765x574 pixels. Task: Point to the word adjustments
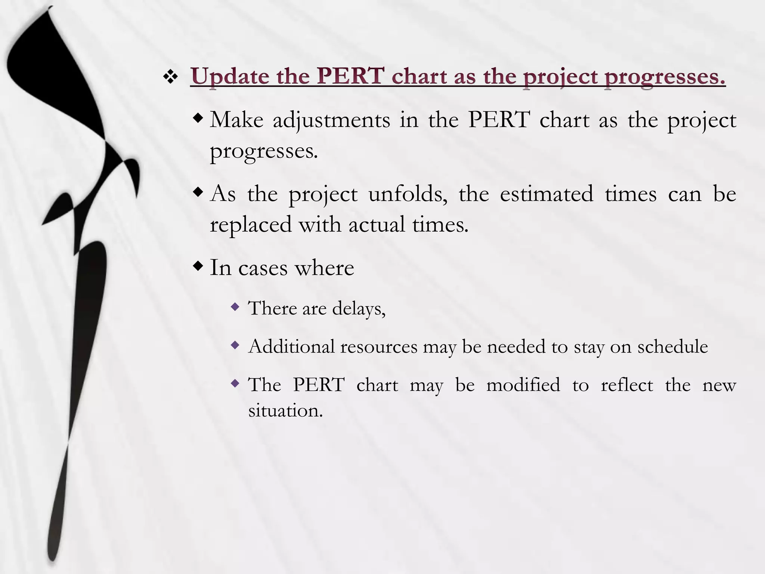click(x=331, y=121)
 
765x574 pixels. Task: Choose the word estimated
click(x=546, y=194)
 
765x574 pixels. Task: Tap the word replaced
click(x=251, y=225)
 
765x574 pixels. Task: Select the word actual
click(x=377, y=225)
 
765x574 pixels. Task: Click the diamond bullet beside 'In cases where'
click(x=198, y=266)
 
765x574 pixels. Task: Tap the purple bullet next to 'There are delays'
click(x=235, y=307)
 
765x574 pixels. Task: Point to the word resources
click(x=379, y=347)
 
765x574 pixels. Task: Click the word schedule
click(x=672, y=346)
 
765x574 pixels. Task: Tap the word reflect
click(x=627, y=385)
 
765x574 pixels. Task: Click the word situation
click(x=285, y=411)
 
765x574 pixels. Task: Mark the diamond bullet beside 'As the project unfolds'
click(x=198, y=193)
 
